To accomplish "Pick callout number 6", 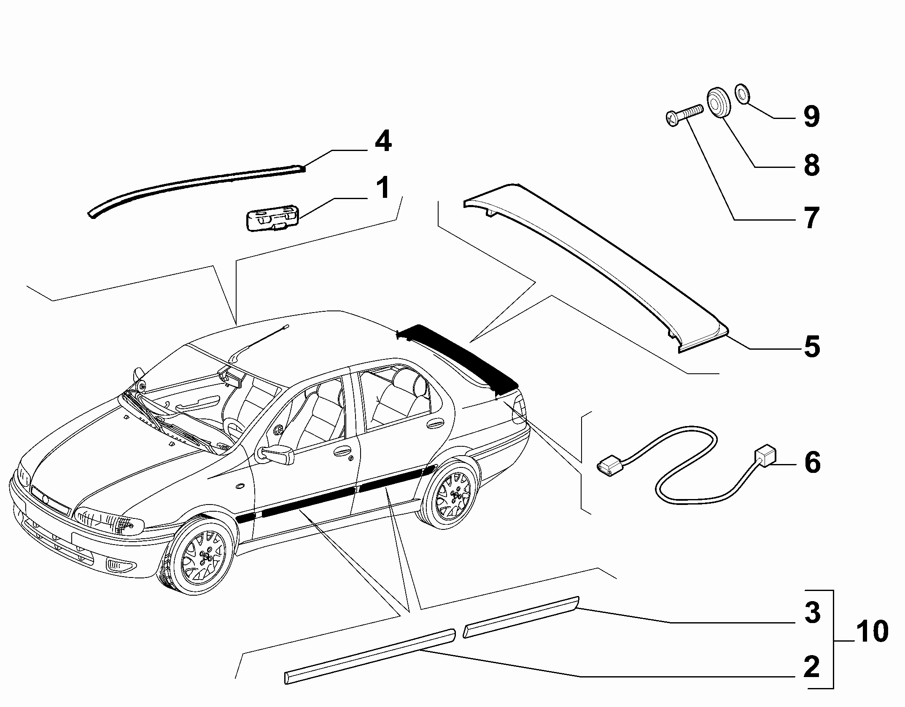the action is [812, 462].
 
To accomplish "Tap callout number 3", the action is [812, 612].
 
